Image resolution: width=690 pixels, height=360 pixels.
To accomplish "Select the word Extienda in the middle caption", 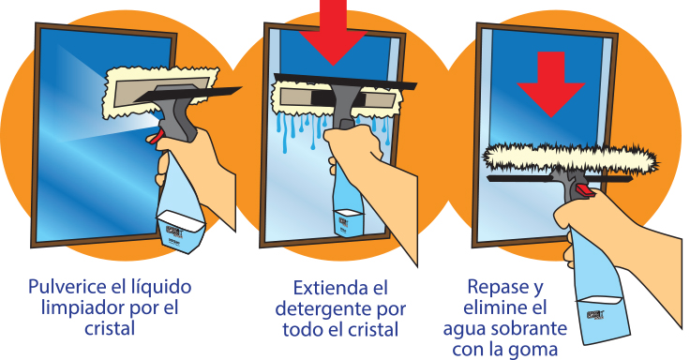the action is [330, 288].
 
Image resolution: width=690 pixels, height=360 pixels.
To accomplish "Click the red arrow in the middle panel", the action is [333, 31].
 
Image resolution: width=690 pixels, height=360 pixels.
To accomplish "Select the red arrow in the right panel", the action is [550, 84].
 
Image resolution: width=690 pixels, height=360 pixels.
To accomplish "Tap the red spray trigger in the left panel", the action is [155, 137].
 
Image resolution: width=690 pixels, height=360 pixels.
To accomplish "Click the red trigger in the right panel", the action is [583, 190].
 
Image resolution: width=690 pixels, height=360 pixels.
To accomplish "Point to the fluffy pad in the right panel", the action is [571, 157].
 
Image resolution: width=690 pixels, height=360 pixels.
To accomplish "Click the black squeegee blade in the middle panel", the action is [345, 82].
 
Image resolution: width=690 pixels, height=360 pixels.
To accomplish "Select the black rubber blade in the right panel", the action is [560, 179].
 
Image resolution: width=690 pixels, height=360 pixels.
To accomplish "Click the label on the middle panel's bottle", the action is [348, 223].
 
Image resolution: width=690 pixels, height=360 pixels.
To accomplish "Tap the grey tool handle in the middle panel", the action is [344, 106].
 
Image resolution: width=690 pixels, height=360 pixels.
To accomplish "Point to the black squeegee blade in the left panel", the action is [187, 95].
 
